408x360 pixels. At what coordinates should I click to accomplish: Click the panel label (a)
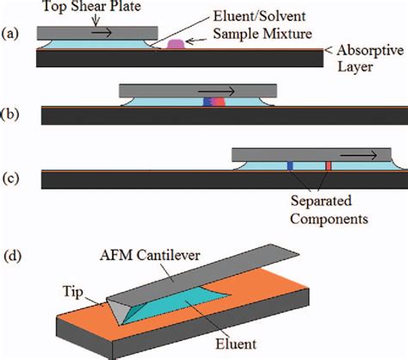click(x=12, y=36)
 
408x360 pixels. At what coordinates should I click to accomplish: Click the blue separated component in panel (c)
click(x=290, y=164)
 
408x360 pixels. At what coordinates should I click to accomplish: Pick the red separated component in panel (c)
click(x=328, y=164)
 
